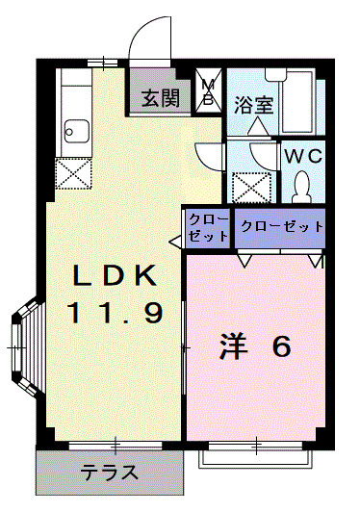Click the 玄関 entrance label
[x=162, y=97]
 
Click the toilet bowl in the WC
[x=301, y=184]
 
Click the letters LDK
[x=115, y=276]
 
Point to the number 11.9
[x=115, y=312]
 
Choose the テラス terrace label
[x=109, y=474]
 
